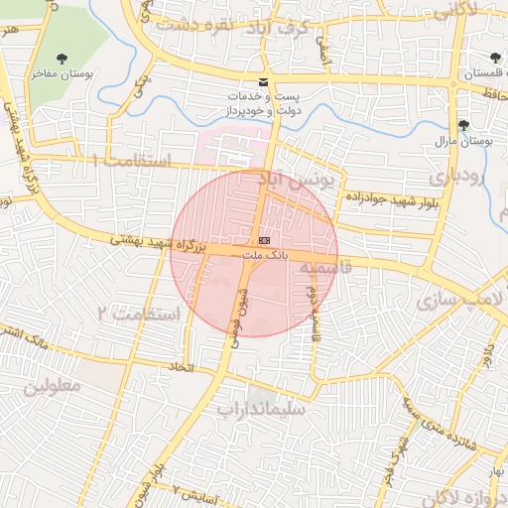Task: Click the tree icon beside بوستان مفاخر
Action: (63, 59)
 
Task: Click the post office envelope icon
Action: (263, 80)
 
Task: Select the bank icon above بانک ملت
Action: (264, 240)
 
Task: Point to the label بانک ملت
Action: (265, 255)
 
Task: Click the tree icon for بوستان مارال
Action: (463, 124)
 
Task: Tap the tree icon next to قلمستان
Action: (495, 59)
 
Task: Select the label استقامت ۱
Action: (131, 160)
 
